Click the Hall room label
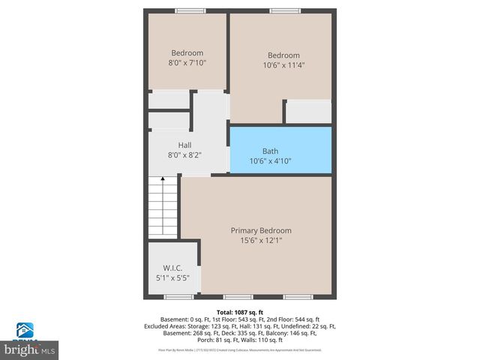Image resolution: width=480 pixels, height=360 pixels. [x=184, y=145]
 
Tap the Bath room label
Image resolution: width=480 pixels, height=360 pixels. [x=270, y=151]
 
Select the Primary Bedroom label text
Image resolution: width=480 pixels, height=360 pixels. [x=261, y=230]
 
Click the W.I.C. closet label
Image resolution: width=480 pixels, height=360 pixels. [x=172, y=268]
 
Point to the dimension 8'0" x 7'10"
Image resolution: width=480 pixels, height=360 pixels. [x=187, y=63]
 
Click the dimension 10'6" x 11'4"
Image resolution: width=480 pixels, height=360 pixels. [x=283, y=65]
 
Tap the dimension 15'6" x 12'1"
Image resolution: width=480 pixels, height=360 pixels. [x=261, y=241]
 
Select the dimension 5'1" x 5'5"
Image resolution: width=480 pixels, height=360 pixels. [x=172, y=278]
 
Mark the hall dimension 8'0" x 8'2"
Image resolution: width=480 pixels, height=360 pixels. [x=184, y=155]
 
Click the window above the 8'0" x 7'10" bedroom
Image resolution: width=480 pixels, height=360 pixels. [x=187, y=10]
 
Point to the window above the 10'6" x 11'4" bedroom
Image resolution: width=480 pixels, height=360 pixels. [x=283, y=10]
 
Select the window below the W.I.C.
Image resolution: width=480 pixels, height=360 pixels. [x=175, y=297]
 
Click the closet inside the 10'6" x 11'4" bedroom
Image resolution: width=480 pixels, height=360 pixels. [x=308, y=112]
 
